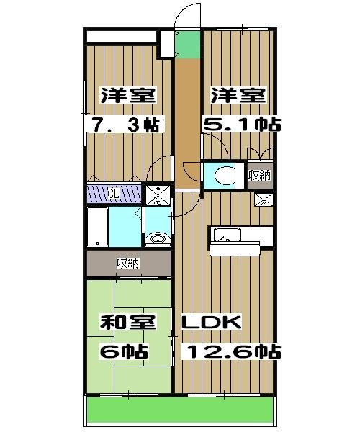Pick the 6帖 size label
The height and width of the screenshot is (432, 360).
point(124,352)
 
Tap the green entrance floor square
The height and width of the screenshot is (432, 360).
point(187,45)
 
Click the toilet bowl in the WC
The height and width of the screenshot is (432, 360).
point(225,175)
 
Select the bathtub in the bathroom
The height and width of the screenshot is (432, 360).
point(97,227)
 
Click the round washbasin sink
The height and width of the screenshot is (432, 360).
point(158,239)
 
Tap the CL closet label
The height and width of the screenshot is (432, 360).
point(113,194)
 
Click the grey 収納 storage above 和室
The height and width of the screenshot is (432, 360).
point(127,264)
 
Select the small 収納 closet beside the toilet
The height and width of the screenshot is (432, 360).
point(260,175)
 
